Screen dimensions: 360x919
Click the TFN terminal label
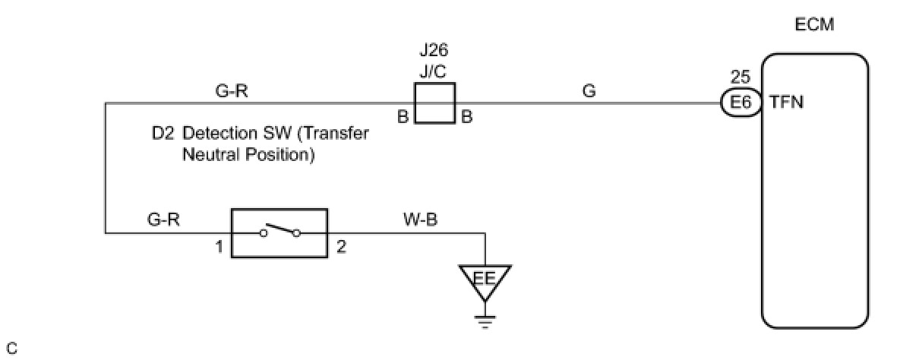point(786,103)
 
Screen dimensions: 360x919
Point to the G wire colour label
point(589,91)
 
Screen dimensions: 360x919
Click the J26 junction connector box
point(434,103)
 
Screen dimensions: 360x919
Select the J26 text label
point(434,51)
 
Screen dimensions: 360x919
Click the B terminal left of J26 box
point(403,118)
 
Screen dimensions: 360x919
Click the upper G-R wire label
point(232,91)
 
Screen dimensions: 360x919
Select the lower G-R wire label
point(164,221)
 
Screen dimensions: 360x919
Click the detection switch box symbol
point(279,233)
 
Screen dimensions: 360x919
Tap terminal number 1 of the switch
point(219,248)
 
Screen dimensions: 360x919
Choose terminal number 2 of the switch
point(340,248)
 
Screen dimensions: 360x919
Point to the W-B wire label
point(418,221)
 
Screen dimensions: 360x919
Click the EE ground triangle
point(485,279)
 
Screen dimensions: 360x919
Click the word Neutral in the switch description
point(207,155)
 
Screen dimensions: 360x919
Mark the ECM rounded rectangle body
point(815,190)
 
